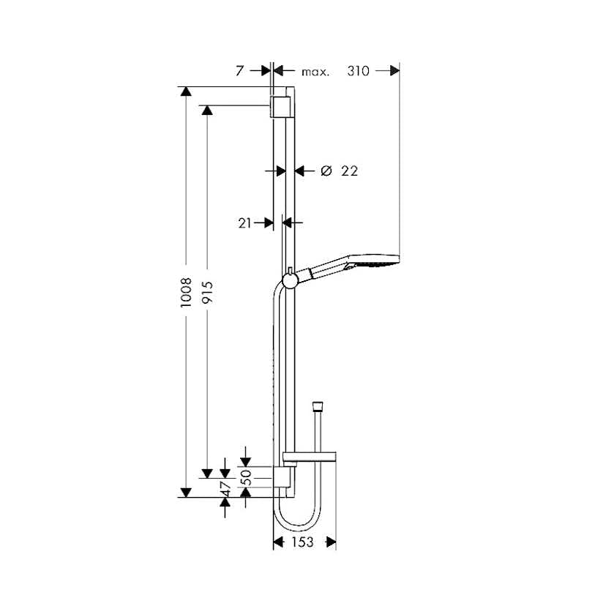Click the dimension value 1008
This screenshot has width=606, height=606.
coord(186,291)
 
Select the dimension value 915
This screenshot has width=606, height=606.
coord(207,291)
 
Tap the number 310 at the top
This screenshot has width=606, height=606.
coord(357,71)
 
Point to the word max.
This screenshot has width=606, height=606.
coord(315,72)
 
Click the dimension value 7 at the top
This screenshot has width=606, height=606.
coord(239,71)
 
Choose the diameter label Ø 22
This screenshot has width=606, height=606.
coord(339,171)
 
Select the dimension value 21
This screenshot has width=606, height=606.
coord(244,223)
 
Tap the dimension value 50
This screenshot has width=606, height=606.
coord(246,477)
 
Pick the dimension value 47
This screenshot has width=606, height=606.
coord(225,488)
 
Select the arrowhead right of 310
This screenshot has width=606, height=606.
coord(394,71)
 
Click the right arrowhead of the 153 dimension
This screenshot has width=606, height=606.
coord(331,542)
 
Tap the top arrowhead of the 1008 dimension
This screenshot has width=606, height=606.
coord(186,91)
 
